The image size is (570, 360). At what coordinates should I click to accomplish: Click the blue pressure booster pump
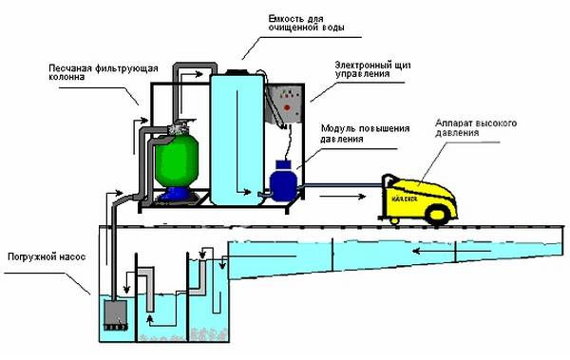283,180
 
